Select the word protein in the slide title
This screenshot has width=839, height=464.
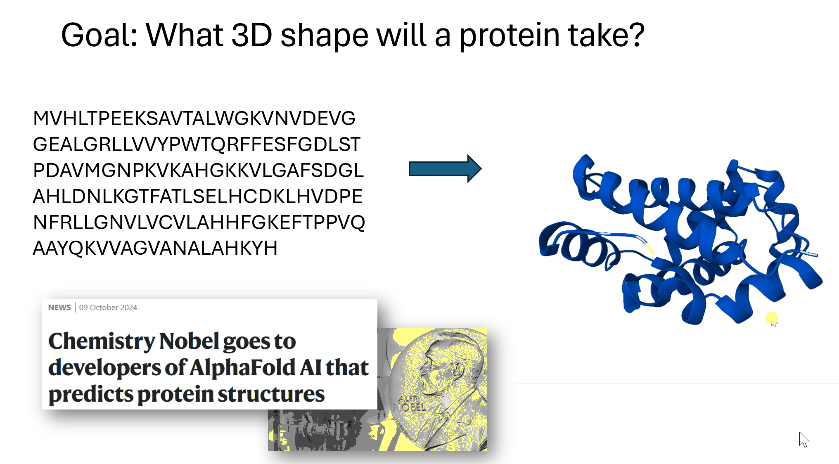coord(510,36)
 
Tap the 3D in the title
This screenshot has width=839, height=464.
coord(251,35)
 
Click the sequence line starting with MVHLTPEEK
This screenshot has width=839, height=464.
coord(194,118)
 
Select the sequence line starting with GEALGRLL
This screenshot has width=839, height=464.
coord(197,144)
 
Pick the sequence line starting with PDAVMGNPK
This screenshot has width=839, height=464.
coord(198,170)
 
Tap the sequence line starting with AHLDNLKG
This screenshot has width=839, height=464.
coord(197,196)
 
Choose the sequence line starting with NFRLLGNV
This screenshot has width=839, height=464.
coord(199,223)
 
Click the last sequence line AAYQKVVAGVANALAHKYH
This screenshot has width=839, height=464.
coord(155,248)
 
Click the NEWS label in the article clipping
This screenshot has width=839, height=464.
coord(59,308)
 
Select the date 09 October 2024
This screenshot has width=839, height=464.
coord(108,308)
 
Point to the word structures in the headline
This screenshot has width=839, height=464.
coord(271,394)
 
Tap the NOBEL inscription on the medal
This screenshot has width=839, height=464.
coord(409,407)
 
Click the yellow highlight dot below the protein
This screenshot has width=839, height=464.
coord(771,317)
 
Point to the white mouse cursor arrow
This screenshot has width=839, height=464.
coord(804,440)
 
